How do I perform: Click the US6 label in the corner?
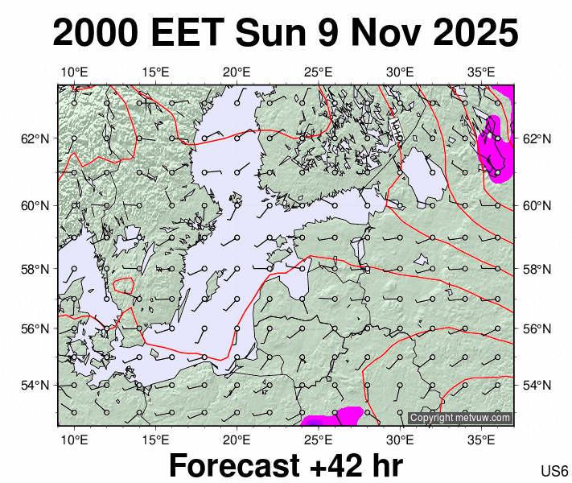(555, 471)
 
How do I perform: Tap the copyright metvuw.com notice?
(460, 418)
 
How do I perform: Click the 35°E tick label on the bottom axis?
(482, 440)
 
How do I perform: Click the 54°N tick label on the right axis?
(535, 385)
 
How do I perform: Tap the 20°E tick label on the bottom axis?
(237, 440)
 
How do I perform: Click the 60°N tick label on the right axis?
(535, 205)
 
